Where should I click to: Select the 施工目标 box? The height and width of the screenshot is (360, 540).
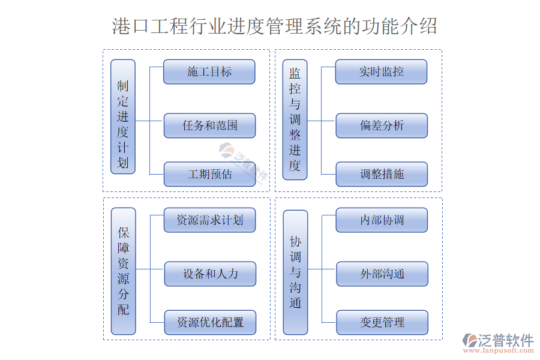click(x=209, y=71)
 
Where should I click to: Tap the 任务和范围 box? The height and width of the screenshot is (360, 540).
click(x=209, y=125)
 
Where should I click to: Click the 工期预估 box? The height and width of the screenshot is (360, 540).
click(x=209, y=174)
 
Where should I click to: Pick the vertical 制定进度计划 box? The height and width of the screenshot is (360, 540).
click(x=123, y=116)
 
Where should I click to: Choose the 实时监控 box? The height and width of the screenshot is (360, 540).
click(x=381, y=71)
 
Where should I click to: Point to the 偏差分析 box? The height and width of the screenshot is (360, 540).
click(x=381, y=125)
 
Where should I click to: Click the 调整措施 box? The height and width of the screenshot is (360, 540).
click(x=381, y=174)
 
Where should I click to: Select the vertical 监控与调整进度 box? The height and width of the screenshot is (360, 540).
click(x=295, y=119)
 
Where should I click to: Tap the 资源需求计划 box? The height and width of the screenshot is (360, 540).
click(x=209, y=220)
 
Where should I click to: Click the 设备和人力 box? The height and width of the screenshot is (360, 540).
click(x=209, y=274)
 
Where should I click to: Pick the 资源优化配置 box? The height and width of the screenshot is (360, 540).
click(x=209, y=322)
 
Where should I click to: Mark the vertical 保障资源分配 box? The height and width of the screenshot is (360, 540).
click(x=123, y=271)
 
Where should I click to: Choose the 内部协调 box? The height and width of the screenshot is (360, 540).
click(x=382, y=220)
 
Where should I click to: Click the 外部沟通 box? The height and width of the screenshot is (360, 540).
click(x=382, y=274)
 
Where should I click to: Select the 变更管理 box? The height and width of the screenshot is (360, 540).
click(x=382, y=322)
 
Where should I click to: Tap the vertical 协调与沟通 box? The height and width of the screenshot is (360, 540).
click(x=295, y=272)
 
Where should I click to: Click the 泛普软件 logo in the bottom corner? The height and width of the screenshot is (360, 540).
click(x=497, y=340)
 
